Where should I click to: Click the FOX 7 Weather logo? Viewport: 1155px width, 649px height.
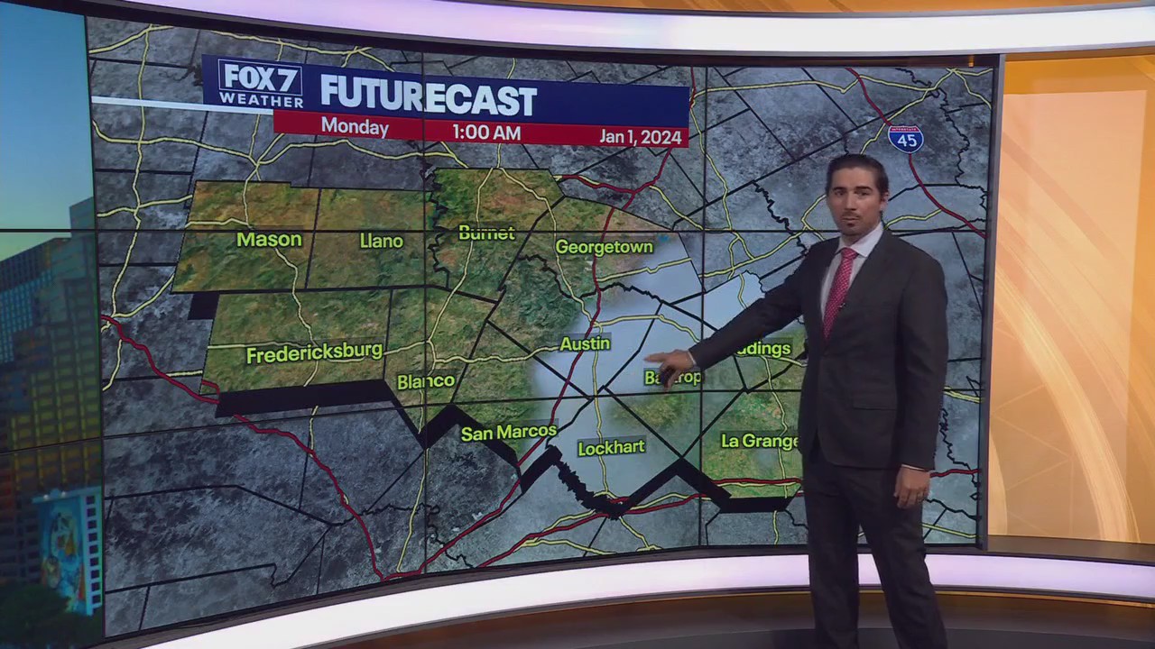(261, 84)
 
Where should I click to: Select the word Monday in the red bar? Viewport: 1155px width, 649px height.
(355, 128)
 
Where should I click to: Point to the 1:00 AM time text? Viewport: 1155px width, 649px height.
(486, 133)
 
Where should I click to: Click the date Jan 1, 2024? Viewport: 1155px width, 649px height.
(642, 136)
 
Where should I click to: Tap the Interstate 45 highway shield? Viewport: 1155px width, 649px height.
(905, 139)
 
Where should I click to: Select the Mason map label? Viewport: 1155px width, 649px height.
(269, 239)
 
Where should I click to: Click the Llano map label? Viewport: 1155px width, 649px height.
(381, 241)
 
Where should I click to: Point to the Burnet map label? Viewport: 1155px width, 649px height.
(486, 233)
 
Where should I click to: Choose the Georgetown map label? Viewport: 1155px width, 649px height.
(604, 246)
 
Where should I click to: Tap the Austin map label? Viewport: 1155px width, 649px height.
(585, 343)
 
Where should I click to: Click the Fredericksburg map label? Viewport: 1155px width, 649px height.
(314, 352)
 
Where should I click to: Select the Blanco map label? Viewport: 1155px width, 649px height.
(426, 381)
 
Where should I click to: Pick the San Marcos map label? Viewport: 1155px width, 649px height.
(509, 433)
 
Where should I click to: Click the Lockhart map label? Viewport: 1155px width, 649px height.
(611, 447)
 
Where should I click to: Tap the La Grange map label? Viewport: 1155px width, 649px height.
(760, 441)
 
